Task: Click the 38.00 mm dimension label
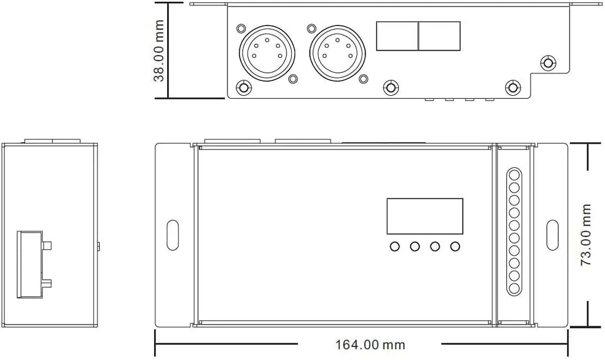point(160,51)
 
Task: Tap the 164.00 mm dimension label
point(370,345)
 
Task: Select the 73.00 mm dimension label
point(586,235)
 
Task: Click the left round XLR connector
point(267,53)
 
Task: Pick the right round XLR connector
point(337,53)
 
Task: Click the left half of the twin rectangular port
point(398,36)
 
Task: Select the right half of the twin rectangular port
point(440,36)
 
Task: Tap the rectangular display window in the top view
point(425,216)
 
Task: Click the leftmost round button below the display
point(395,246)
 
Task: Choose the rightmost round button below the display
point(456,246)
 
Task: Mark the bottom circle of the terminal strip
point(514,288)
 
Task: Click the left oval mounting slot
point(173,235)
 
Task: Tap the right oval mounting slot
point(552,235)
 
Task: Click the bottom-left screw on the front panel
point(243,87)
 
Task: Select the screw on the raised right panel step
point(548,63)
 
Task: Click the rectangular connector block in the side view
point(30,265)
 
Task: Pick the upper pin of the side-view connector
point(47,246)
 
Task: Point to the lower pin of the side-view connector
point(47,284)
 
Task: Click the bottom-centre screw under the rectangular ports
point(391,87)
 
